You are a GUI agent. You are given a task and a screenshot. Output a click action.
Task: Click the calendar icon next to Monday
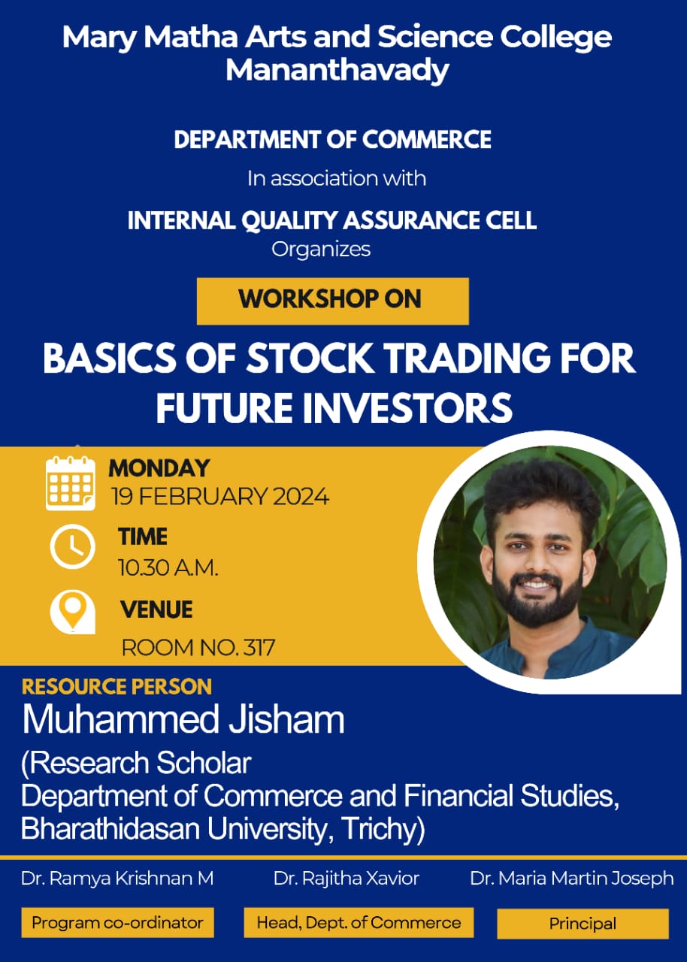point(71,483)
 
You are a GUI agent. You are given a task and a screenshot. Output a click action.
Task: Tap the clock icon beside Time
point(73,546)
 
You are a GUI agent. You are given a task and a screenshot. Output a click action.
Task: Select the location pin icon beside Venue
point(73,612)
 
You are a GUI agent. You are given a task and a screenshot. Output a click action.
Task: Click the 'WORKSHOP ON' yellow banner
point(333,301)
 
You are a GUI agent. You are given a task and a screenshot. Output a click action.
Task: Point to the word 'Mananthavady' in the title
point(337,70)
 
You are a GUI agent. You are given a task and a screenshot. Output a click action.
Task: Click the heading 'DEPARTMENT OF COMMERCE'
point(333,140)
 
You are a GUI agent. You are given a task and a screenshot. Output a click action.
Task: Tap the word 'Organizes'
point(321,250)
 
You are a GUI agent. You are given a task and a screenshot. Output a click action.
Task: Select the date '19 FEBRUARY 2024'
point(219,497)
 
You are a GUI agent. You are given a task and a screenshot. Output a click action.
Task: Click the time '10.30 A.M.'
point(168,567)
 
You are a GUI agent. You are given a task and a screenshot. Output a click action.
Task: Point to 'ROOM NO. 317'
point(198,648)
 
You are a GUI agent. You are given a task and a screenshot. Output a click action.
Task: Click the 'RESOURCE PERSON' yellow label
point(117,686)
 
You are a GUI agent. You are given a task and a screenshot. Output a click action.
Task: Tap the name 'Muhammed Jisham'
point(183,720)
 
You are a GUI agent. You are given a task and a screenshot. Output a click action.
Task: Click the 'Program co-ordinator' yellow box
point(118,922)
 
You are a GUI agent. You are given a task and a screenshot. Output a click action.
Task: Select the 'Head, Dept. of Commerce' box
point(359,922)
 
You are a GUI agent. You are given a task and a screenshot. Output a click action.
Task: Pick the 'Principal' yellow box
point(583,924)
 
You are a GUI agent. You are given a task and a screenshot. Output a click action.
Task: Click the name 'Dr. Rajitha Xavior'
point(346,879)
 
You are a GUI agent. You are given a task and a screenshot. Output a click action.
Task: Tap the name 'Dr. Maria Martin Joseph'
point(572,879)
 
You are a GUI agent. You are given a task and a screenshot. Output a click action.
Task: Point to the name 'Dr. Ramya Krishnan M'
point(117,879)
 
